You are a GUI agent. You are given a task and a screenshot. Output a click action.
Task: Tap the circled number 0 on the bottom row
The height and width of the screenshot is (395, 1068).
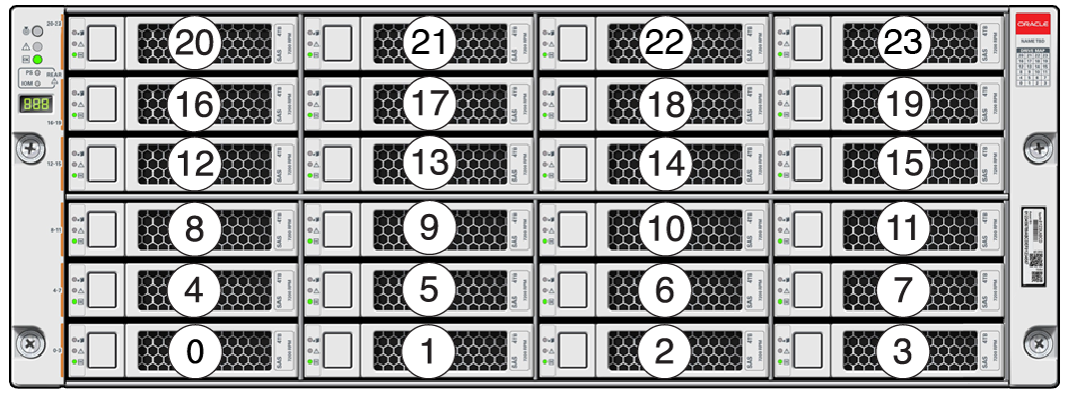click(x=195, y=351)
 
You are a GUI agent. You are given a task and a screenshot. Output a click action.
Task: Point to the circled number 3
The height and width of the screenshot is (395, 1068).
click(x=902, y=351)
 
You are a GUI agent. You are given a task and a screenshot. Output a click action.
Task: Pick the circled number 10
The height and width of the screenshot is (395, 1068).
click(x=664, y=228)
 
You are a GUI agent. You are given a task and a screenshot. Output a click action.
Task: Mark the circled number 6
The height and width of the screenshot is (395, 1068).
click(x=664, y=289)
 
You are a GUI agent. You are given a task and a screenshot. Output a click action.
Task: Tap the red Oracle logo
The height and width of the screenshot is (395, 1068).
click(x=1033, y=23)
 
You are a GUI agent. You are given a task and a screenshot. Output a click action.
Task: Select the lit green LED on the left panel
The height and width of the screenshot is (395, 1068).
click(x=39, y=60)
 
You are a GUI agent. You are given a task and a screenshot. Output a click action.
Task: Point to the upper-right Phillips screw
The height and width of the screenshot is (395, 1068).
click(x=1041, y=148)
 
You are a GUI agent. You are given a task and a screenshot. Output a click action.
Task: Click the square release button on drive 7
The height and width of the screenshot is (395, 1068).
click(x=808, y=289)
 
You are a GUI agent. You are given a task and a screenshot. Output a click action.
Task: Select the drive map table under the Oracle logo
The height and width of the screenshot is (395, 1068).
click(x=1033, y=66)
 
